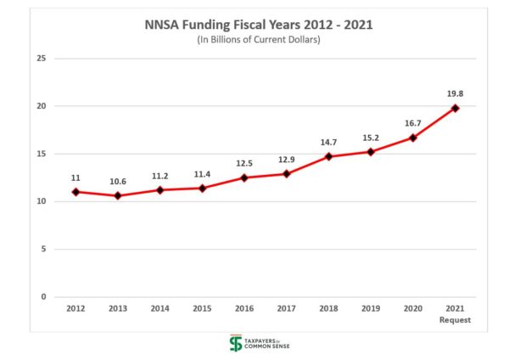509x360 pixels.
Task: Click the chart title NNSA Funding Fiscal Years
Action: point(254,25)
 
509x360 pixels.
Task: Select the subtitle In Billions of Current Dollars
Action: point(254,40)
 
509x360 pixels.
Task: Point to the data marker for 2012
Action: point(76,192)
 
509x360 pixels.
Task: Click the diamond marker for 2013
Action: point(118,196)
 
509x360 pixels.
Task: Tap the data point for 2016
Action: point(244,177)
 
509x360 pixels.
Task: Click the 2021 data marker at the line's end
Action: point(456,108)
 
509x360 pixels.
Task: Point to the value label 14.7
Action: point(327,142)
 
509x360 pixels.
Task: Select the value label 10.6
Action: point(118,182)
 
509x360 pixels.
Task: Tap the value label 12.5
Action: point(244,163)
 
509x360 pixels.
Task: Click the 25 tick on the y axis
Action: point(39,59)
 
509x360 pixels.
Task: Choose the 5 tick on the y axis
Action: point(42,249)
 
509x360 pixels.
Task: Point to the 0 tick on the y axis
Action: point(42,296)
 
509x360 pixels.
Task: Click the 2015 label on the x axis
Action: point(202,310)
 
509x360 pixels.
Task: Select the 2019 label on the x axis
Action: point(371,310)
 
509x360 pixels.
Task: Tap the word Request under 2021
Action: point(456,320)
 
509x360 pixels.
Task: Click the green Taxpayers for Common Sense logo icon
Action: point(236,343)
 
